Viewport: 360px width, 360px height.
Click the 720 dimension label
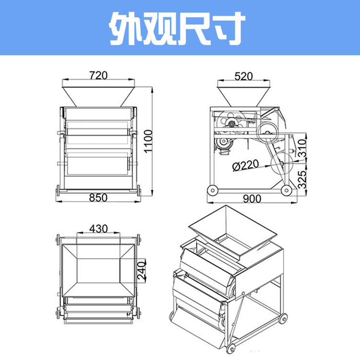98,75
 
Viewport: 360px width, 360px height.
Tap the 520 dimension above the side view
243,76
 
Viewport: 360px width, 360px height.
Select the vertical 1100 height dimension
148,141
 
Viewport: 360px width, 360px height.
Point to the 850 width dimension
98,198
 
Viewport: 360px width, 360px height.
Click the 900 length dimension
252,199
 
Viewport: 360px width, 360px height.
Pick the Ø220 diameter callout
245,165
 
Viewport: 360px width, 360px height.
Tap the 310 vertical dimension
302,148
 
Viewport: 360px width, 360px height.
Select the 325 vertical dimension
302,180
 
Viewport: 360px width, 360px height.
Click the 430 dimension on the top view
98,228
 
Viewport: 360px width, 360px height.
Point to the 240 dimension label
142,271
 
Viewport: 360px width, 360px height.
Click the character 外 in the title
126,28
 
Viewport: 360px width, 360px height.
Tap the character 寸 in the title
228,28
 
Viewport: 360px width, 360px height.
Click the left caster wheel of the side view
213,190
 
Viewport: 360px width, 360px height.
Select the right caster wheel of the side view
287,190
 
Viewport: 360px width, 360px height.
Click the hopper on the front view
98,96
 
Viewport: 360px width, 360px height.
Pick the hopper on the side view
243,96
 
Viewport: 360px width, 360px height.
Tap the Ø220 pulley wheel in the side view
282,163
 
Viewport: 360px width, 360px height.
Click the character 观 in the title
159,28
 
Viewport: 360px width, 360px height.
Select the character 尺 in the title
193,28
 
